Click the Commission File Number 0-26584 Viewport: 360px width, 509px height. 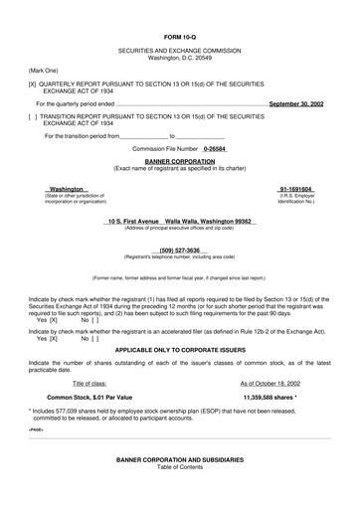216,147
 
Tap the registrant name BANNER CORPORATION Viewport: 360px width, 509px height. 179,158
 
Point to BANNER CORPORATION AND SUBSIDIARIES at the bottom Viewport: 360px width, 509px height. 179,487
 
